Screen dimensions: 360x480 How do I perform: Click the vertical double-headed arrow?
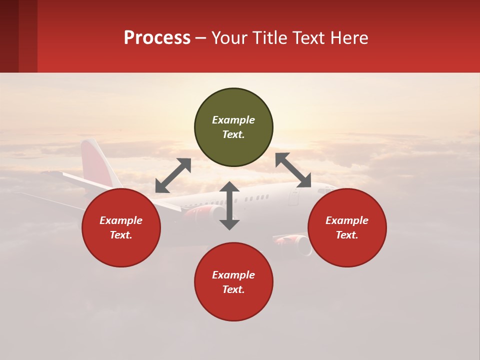(x=229, y=205)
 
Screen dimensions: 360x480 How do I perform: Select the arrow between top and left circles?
(x=173, y=175)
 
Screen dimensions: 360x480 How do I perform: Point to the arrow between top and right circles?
(x=293, y=170)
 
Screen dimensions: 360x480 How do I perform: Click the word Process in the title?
(x=157, y=38)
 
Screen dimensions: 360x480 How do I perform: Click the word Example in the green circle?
(x=233, y=120)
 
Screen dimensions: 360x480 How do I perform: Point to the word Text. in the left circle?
(x=121, y=235)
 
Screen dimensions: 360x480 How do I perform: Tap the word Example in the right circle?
(x=347, y=220)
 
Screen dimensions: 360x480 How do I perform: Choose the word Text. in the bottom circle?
(x=233, y=289)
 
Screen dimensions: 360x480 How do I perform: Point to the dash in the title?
(x=200, y=38)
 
